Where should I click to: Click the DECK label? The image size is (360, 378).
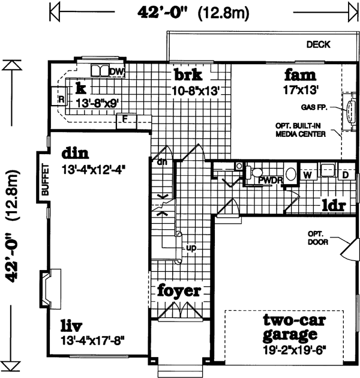318,44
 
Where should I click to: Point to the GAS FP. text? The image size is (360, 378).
315,109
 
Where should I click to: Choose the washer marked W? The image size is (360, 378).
307,175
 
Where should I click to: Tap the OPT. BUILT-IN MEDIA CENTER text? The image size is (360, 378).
301,130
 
